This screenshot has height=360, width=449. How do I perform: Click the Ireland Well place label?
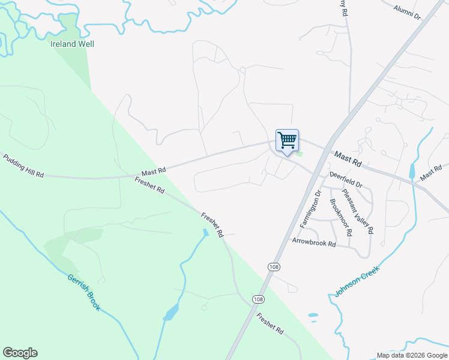[x=71, y=44]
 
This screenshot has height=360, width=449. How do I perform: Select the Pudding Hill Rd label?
[x=23, y=166]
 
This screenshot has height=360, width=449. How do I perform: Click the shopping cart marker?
[x=287, y=141]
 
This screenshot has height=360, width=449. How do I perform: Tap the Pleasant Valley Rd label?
[x=358, y=211]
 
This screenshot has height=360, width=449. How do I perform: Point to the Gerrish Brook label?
[x=83, y=293]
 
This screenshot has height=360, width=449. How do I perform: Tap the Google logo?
[x=20, y=353]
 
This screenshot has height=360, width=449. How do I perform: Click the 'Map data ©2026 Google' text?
[x=412, y=355]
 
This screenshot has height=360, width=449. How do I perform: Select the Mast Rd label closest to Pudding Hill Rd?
[x=153, y=171]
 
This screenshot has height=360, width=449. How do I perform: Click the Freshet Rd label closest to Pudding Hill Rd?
[x=149, y=185]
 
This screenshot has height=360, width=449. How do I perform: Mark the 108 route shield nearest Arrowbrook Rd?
[x=274, y=266]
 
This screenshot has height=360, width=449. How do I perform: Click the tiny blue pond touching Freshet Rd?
[x=206, y=232]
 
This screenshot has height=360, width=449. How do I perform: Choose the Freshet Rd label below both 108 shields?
[x=270, y=323]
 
